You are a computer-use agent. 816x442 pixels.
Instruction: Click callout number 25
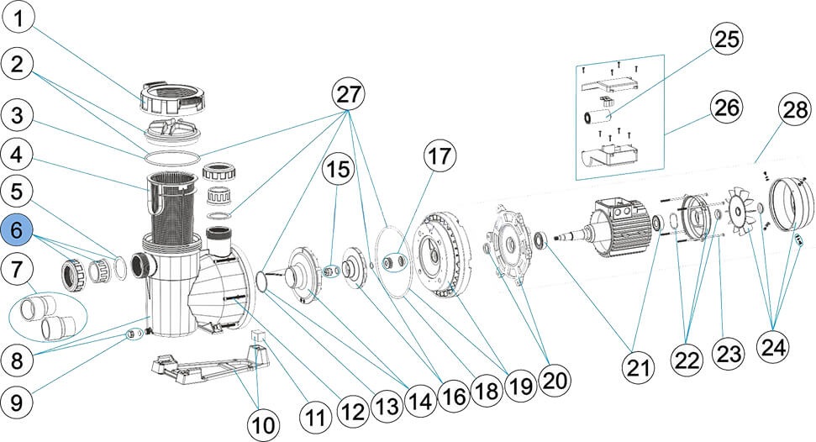point(729,40)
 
